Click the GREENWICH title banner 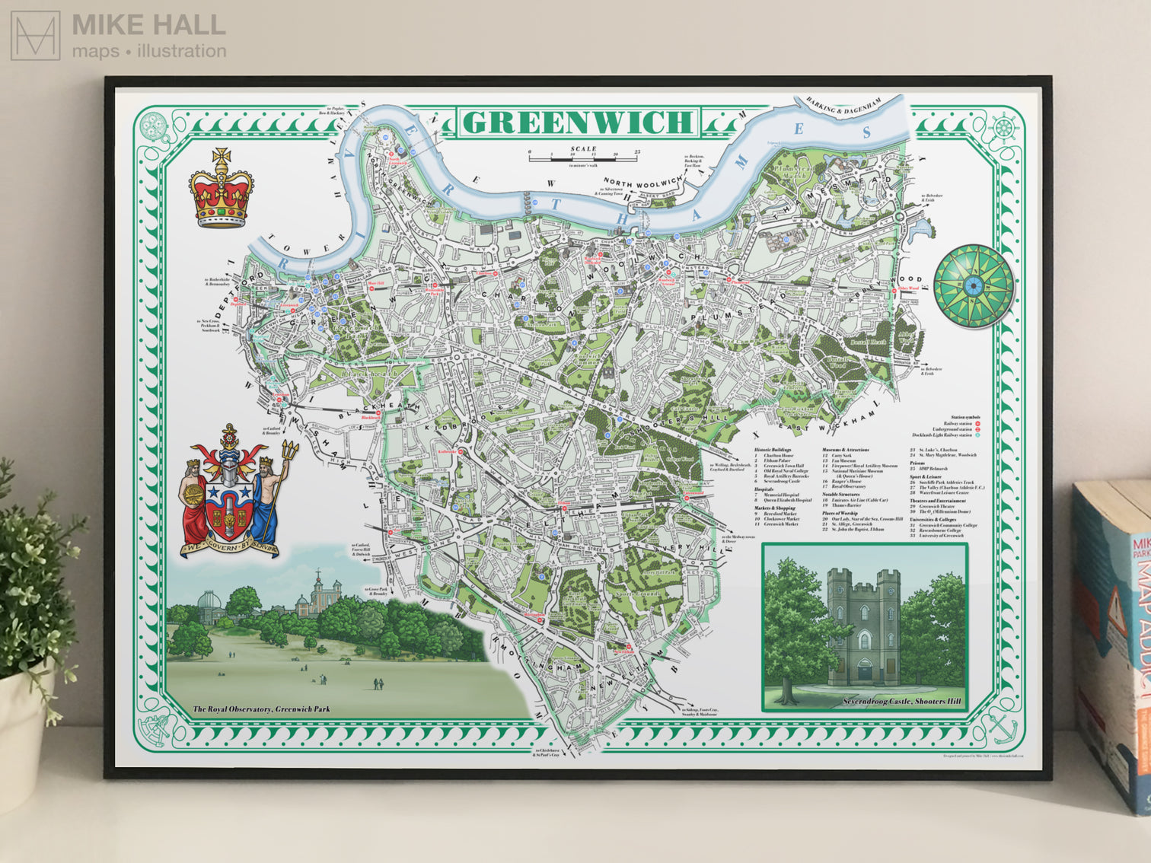[x=577, y=122]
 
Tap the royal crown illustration [x=222, y=190]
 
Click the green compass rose [x=974, y=285]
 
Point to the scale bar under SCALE [x=584, y=158]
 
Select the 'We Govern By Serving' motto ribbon [x=229, y=547]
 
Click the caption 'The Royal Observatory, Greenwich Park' [x=261, y=709]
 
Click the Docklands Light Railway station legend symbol [x=977, y=435]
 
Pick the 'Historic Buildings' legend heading [x=773, y=450]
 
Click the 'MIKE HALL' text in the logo [x=148, y=25]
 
